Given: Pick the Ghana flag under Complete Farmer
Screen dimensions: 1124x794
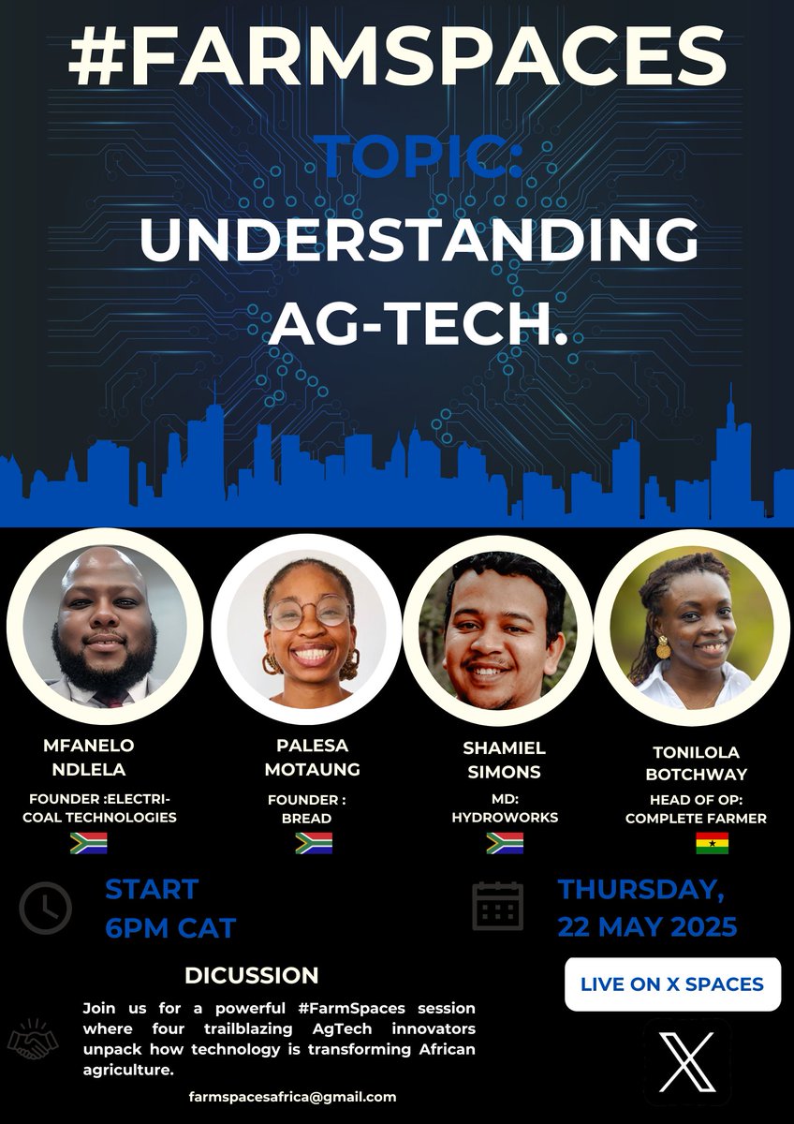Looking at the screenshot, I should click(x=712, y=843).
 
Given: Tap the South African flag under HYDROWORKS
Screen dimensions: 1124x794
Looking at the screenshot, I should click(x=504, y=843).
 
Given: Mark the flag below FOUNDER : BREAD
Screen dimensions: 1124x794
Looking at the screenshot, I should click(x=313, y=843).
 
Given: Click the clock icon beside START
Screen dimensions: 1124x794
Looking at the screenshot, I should click(x=45, y=908).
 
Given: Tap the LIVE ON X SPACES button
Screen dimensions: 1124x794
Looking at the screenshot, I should click(x=672, y=984).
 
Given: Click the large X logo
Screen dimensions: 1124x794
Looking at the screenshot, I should click(x=686, y=1061).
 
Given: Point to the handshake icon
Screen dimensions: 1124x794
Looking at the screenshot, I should click(x=33, y=1041).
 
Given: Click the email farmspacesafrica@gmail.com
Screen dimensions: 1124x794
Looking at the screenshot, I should click(x=292, y=1096).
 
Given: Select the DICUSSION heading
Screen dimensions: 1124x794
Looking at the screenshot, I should click(x=251, y=975).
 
